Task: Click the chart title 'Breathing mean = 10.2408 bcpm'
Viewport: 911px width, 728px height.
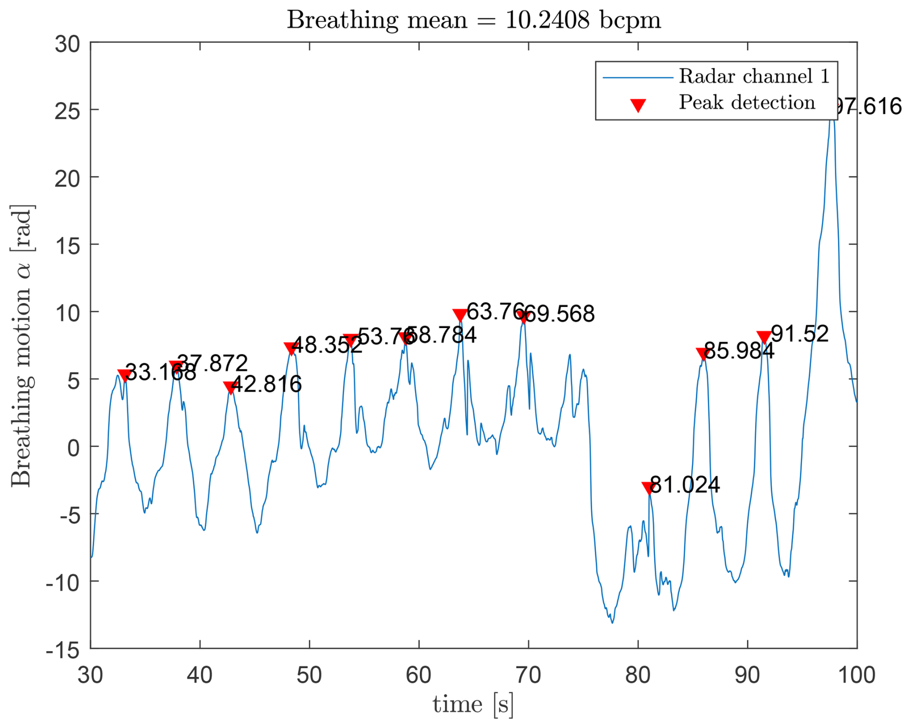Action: click(x=474, y=20)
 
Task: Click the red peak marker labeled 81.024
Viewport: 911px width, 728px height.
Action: click(x=648, y=488)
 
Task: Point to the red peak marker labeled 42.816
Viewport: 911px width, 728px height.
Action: click(x=230, y=387)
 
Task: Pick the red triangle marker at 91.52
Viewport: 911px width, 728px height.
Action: click(x=764, y=337)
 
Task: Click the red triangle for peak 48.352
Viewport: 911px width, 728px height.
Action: click(x=290, y=348)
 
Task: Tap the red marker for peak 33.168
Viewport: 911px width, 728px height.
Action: click(x=125, y=375)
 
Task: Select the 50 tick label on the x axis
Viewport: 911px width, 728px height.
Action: click(x=309, y=675)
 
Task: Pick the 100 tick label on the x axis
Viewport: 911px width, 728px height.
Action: click(x=857, y=675)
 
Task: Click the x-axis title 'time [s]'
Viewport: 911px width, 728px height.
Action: click(x=473, y=704)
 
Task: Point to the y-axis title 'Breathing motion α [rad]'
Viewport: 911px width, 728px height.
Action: click(x=22, y=345)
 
